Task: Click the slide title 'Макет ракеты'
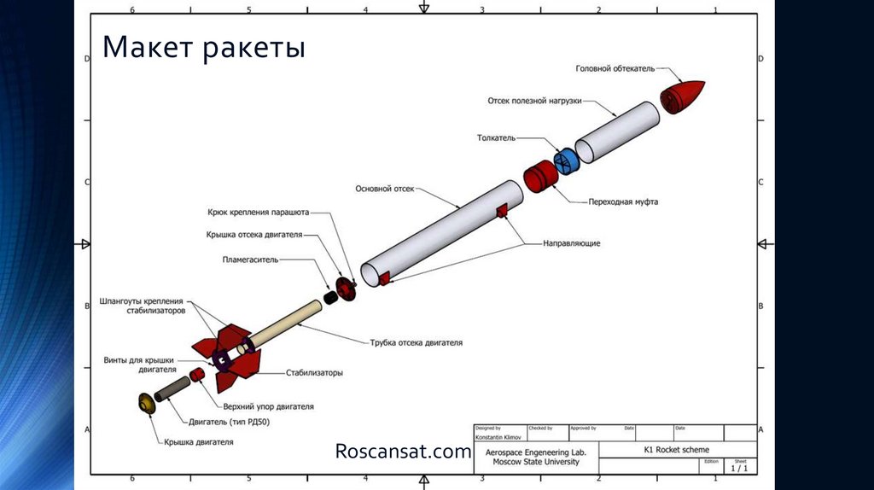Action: click(x=203, y=48)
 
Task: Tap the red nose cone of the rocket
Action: click(x=684, y=95)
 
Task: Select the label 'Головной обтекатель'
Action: click(x=614, y=68)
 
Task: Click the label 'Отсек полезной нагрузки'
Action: click(x=534, y=100)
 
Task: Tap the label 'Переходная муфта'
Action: click(x=623, y=202)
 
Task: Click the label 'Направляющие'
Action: click(x=572, y=243)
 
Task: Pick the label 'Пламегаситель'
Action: click(x=251, y=258)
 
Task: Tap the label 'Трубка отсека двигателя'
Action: click(x=417, y=342)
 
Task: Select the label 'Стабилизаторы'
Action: click(x=315, y=373)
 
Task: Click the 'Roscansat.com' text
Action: click(x=403, y=451)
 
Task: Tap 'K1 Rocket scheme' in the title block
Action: click(x=676, y=449)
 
